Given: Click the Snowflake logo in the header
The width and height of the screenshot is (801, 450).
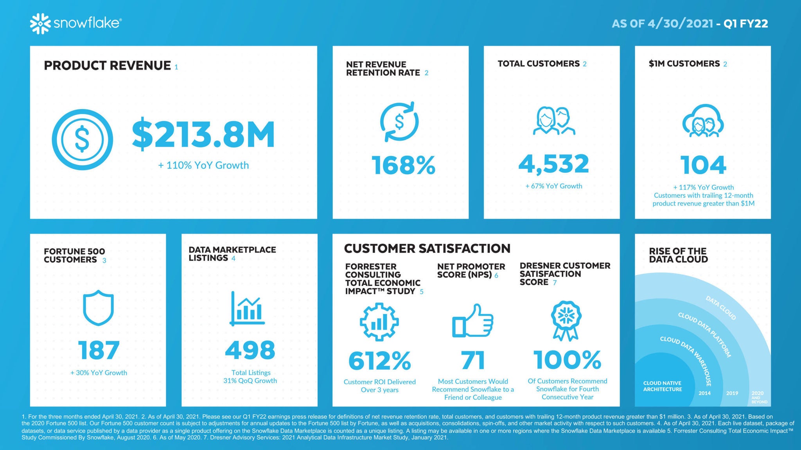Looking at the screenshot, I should point(75,23).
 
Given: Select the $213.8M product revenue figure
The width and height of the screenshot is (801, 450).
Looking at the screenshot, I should point(203,135).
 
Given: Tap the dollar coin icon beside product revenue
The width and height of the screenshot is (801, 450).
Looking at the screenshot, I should point(82,139).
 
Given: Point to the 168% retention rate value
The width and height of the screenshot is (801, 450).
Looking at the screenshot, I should point(403,165).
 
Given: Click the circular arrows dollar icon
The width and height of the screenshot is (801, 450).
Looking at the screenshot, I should point(399,121).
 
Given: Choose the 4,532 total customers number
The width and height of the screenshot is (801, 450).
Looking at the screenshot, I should point(553,164).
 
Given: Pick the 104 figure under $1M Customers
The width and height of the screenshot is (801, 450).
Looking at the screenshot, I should point(703,165).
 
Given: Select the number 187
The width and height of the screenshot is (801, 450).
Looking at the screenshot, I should point(99,350).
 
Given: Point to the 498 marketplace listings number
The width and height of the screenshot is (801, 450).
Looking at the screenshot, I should point(250,350).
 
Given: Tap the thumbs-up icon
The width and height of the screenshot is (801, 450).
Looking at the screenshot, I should point(472,321).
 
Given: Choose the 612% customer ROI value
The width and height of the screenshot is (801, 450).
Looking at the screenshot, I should point(379,361).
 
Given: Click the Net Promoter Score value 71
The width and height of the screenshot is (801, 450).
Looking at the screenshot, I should point(473,360).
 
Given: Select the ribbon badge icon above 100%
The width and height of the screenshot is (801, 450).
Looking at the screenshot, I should point(566,320).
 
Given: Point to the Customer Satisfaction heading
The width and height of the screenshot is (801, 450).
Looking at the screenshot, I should point(427,248).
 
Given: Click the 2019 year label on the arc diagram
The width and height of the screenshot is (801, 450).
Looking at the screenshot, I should point(732,393).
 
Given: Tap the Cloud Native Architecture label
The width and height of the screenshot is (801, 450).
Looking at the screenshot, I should point(662,386).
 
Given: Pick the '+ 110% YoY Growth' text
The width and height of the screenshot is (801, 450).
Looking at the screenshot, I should point(203,165).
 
